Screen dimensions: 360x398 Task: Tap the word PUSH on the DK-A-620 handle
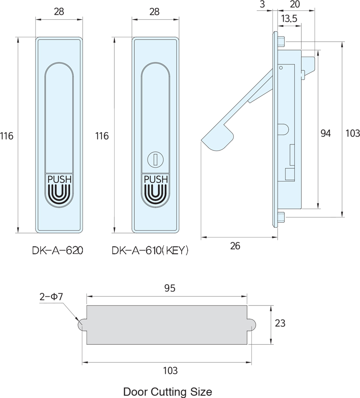[x=60, y=179]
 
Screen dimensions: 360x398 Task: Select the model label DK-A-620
[x=58, y=251]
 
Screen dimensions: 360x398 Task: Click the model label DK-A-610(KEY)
[x=150, y=251]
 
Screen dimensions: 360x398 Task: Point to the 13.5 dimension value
[x=289, y=18]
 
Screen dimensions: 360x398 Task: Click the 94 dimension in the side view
[x=326, y=133]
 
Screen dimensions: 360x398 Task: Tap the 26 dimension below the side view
[x=235, y=246]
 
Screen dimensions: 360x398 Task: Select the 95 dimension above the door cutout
[x=170, y=288]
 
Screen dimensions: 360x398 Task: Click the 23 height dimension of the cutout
[x=280, y=323]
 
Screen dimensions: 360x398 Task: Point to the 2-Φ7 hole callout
[x=51, y=297]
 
